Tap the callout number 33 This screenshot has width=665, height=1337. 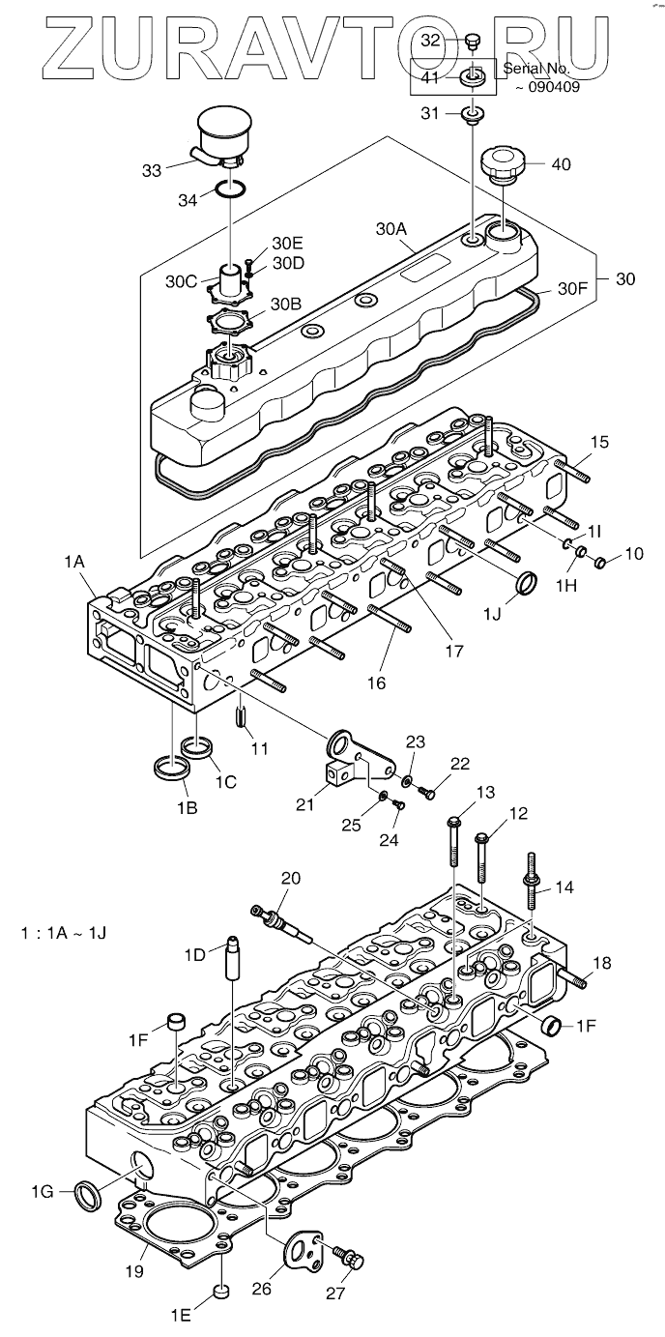pyautogui.click(x=152, y=171)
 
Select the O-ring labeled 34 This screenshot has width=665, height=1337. pyautogui.click(x=229, y=189)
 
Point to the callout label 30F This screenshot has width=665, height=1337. pyautogui.click(x=574, y=288)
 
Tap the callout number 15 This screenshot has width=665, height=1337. pyautogui.click(x=600, y=443)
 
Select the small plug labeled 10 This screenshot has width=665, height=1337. pyautogui.click(x=600, y=562)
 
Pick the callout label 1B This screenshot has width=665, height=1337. pyautogui.click(x=187, y=808)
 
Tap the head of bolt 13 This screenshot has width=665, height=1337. pyautogui.click(x=453, y=822)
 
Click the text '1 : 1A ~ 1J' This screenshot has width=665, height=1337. pyautogui.click(x=64, y=933)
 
